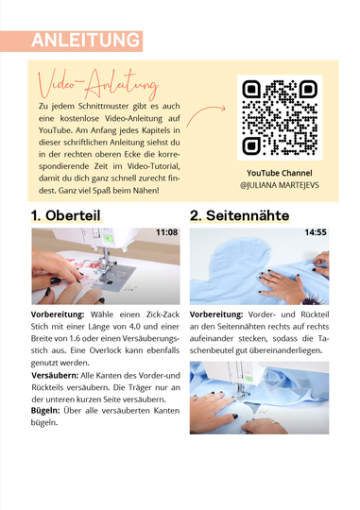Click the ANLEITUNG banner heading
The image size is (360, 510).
(x=86, y=41)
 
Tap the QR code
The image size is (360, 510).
(x=280, y=117)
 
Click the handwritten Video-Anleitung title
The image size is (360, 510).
(x=98, y=84)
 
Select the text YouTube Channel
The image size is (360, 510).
(x=280, y=173)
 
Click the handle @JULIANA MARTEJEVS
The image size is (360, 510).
(x=280, y=185)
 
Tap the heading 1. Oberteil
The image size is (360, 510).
(x=66, y=215)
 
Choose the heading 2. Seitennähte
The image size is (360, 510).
(x=240, y=215)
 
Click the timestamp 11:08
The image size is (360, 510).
(x=166, y=232)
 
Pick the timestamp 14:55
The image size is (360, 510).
(x=316, y=232)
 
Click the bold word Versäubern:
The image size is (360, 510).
(x=55, y=376)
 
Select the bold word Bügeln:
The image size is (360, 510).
(x=45, y=411)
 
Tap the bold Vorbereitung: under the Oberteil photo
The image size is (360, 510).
(x=58, y=314)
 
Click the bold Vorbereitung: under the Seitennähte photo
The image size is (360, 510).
(x=216, y=314)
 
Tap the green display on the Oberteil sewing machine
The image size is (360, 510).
(x=109, y=240)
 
